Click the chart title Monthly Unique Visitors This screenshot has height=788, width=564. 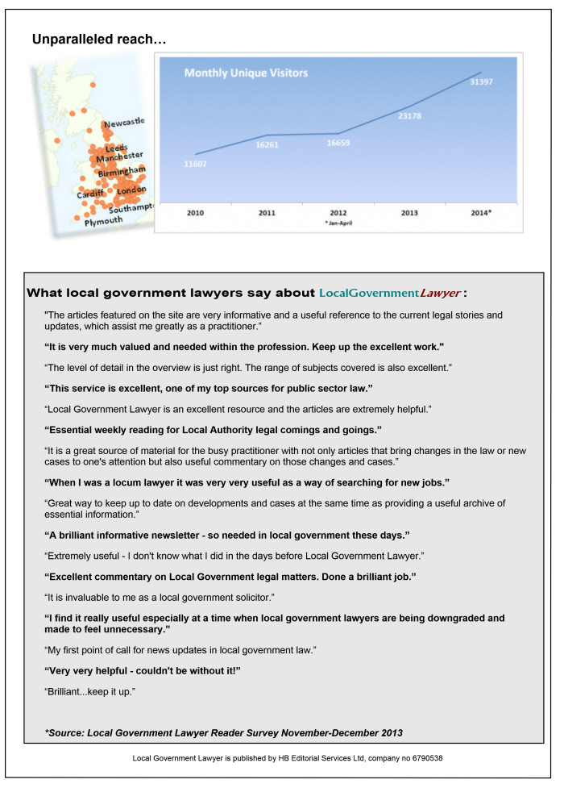click(x=246, y=73)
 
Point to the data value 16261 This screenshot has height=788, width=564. click(x=267, y=145)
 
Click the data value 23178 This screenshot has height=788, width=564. click(x=408, y=116)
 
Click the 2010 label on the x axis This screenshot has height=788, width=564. click(x=195, y=213)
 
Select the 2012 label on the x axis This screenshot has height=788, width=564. click(x=338, y=213)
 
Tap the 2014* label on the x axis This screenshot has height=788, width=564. click(x=481, y=213)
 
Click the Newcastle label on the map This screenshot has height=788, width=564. click(x=123, y=123)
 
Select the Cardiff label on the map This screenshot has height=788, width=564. click(x=90, y=194)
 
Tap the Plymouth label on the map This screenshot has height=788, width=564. click(x=104, y=220)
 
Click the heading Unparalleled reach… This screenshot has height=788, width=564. click(x=99, y=39)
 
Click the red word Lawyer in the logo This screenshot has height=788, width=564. click(x=440, y=292)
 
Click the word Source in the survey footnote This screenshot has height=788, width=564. click(x=68, y=732)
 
